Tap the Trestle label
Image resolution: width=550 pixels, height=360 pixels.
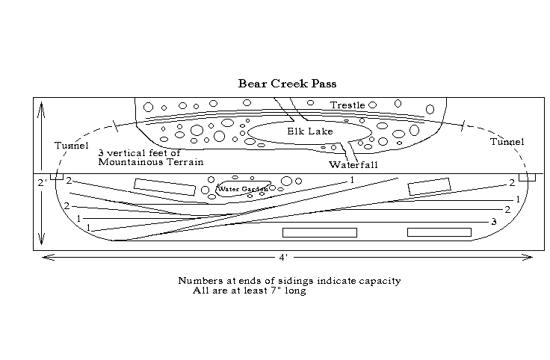[347, 105]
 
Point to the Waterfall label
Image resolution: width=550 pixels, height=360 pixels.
[350, 164]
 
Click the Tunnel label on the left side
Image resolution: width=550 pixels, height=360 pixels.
[72, 145]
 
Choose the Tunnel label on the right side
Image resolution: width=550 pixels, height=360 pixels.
[507, 142]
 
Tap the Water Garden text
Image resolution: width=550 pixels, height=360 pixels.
[242, 189]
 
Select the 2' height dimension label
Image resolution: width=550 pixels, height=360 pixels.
[41, 182]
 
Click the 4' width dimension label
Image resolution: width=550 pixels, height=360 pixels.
[283, 258]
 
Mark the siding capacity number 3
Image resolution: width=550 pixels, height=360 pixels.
[493, 222]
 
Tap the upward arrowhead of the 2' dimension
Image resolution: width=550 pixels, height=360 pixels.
[42, 105]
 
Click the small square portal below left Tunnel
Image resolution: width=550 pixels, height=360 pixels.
[57, 177]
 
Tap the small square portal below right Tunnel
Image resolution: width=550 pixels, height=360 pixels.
[527, 177]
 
